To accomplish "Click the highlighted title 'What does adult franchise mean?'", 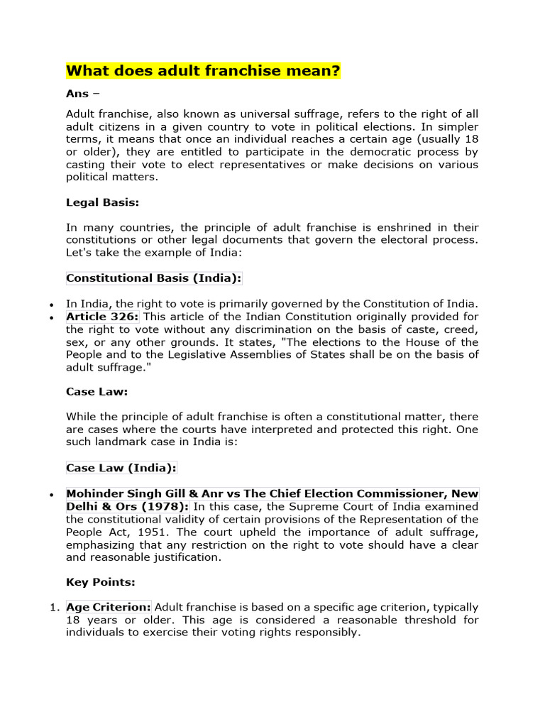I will pyautogui.click(x=203, y=71).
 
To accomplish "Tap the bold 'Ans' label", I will pyautogui.click(x=77, y=94).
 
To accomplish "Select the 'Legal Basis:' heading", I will pyautogui.click(x=102, y=202).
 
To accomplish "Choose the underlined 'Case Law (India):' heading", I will pyautogui.click(x=121, y=467).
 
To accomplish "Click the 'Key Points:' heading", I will pyautogui.click(x=100, y=581).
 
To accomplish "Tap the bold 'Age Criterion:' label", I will pyautogui.click(x=109, y=607).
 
